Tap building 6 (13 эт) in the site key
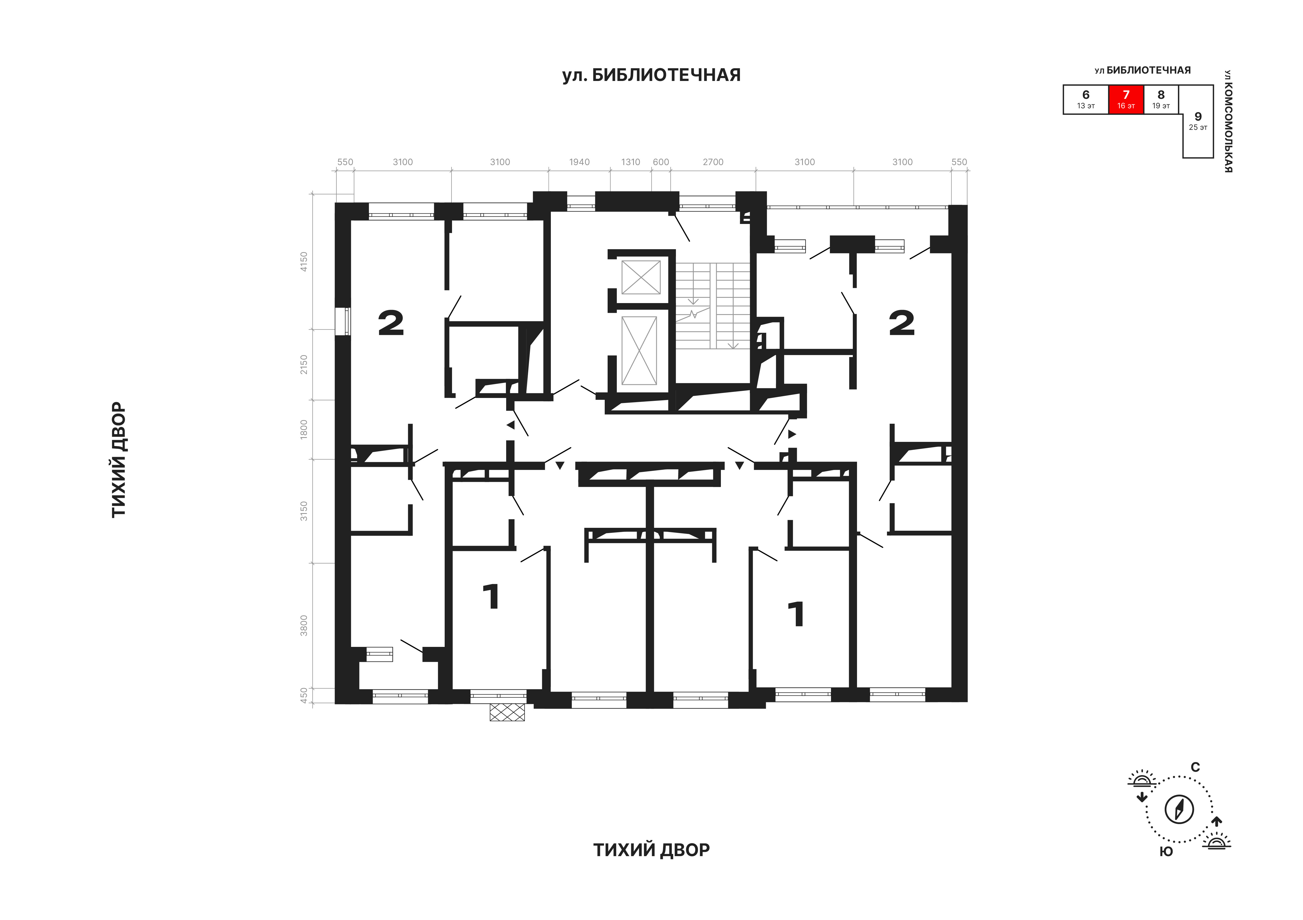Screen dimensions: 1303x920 pyautogui.click(x=1086, y=99)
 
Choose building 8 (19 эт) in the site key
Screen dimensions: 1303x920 pyautogui.click(x=1161, y=99)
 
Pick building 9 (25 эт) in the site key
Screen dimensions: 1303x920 pyautogui.click(x=1198, y=121)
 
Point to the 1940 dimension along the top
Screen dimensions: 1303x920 pyautogui.click(x=579, y=162)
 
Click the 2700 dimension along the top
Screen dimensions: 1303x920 pyautogui.click(x=713, y=162)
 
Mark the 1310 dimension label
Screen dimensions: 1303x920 pyautogui.click(x=630, y=162)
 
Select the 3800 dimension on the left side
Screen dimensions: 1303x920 pyautogui.click(x=304, y=625)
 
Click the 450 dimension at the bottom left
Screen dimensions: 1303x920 pyautogui.click(x=304, y=696)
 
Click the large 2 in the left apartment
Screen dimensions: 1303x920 pyautogui.click(x=391, y=324)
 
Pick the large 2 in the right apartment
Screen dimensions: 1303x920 pyautogui.click(x=902, y=324)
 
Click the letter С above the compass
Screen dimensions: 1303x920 pyautogui.click(x=1195, y=767)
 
